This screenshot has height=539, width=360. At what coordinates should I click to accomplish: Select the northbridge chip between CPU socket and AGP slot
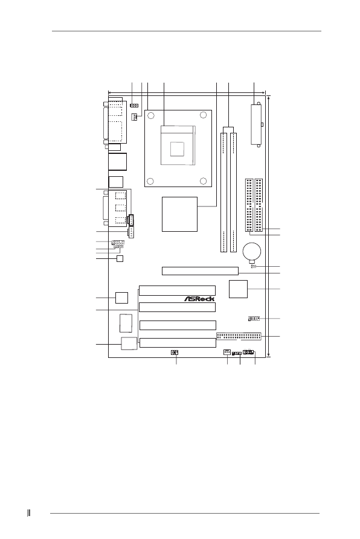click(180, 214)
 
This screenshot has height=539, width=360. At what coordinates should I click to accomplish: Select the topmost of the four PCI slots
click(177, 290)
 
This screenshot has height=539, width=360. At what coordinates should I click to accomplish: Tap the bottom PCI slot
click(178, 343)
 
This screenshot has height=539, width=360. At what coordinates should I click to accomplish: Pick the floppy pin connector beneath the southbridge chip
click(238, 336)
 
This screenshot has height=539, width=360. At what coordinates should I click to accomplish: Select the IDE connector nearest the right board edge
click(259, 205)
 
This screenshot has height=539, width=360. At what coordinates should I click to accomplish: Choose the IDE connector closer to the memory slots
click(249, 205)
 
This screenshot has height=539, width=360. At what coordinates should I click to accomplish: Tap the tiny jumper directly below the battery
click(253, 266)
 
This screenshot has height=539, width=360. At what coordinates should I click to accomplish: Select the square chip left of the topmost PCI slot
click(121, 297)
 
